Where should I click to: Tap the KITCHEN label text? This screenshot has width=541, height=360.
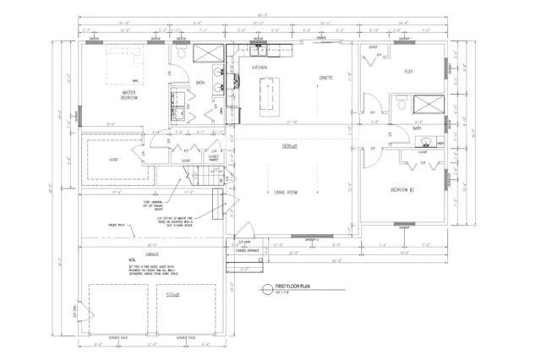pyautogui.click(x=260, y=67)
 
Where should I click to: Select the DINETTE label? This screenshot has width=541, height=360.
pyautogui.click(x=325, y=77)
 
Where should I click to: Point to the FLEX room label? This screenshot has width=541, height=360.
pyautogui.click(x=408, y=71)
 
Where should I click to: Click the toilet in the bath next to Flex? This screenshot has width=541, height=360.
pyautogui.click(x=402, y=106)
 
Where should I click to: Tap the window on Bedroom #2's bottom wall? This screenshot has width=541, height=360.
pyautogui.click(x=404, y=226)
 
